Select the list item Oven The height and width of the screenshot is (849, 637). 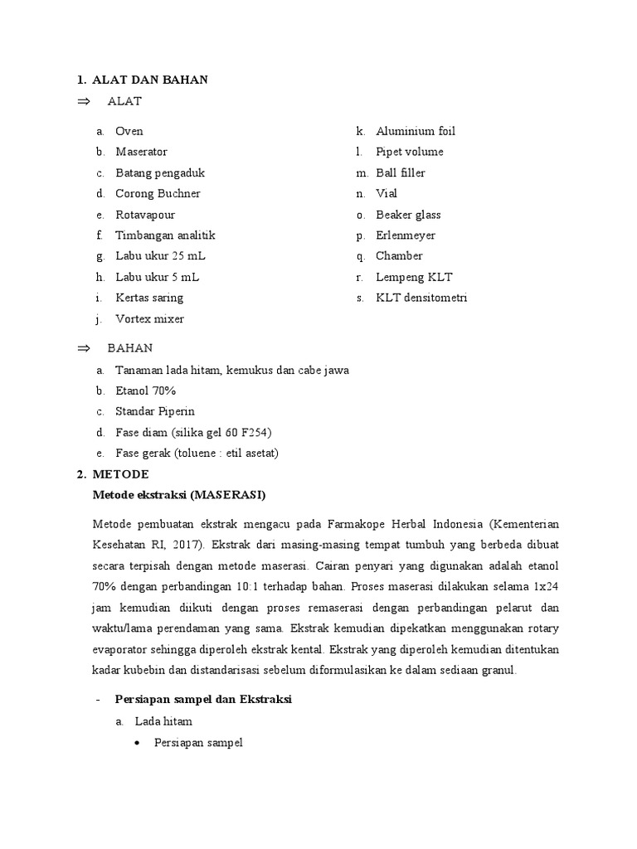(x=129, y=131)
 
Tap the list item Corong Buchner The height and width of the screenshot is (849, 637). (x=158, y=193)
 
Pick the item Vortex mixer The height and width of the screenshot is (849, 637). (x=149, y=319)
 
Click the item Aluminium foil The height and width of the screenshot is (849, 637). (x=415, y=131)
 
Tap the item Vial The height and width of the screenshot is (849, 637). (x=387, y=193)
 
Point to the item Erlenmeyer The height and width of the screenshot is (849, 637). (x=406, y=235)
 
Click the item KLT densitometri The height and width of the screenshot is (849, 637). (x=421, y=298)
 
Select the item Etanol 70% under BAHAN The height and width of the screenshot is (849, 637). (x=146, y=391)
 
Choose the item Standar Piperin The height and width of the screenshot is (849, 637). (x=155, y=411)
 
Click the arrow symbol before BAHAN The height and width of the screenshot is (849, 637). (x=82, y=348)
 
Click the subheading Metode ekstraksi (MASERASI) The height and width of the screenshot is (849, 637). (x=178, y=496)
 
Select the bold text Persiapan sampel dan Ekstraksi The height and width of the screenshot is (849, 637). (x=203, y=700)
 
